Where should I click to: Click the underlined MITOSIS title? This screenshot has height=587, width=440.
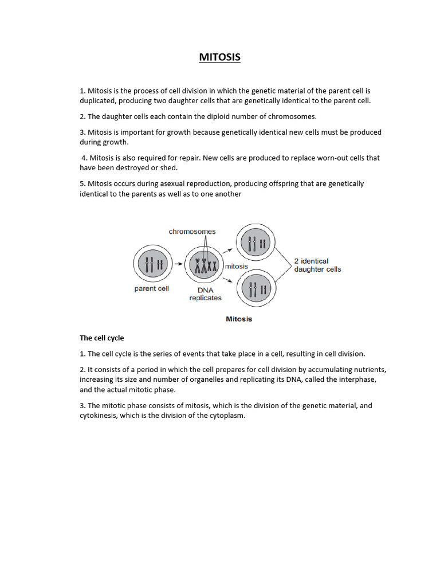click(219, 57)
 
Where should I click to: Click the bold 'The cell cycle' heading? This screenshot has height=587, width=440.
click(101, 338)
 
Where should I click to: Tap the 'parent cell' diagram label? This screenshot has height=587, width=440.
click(152, 289)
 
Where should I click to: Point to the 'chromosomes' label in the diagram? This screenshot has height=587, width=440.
click(192, 232)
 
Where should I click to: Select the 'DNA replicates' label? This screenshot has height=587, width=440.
click(205, 294)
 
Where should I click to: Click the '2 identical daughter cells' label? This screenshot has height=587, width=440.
click(317, 265)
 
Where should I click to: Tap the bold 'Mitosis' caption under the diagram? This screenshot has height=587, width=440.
click(239, 319)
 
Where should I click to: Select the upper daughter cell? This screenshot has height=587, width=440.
click(255, 243)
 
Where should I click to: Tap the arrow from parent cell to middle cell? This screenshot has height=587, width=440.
click(179, 264)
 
